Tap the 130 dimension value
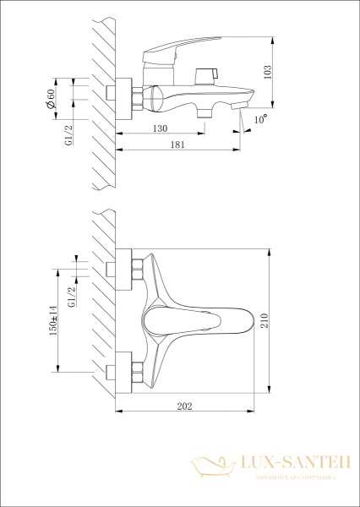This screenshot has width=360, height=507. click(x=160, y=129)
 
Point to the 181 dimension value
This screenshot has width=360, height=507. click(x=178, y=145)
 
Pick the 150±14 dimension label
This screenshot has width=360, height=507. click(x=53, y=319)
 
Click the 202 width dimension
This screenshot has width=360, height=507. click(x=185, y=407)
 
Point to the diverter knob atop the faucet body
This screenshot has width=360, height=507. click(x=202, y=75)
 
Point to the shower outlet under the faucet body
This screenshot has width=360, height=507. click(x=203, y=110)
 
